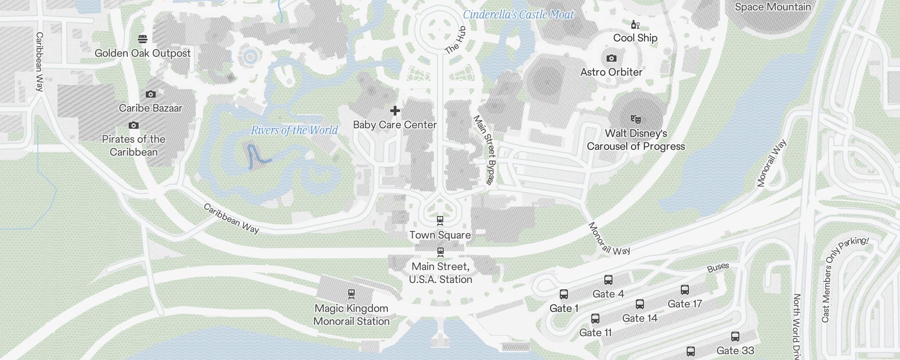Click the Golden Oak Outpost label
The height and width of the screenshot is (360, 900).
click(143, 53)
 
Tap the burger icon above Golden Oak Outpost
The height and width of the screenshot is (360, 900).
click(143, 39)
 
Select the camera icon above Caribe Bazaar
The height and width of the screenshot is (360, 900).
click(151, 94)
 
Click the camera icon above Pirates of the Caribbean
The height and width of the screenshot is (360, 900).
click(134, 125)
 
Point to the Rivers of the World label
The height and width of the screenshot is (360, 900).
click(294, 130)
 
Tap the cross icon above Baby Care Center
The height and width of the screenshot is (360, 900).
click(395, 111)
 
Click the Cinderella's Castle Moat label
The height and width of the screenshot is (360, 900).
click(518, 15)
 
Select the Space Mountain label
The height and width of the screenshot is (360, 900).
click(773, 7)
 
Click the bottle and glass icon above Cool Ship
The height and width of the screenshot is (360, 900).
click(635, 25)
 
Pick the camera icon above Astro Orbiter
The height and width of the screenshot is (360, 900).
click(611, 58)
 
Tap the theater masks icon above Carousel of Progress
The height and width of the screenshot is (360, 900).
click(635, 119)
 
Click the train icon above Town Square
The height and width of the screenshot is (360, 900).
click(440, 220)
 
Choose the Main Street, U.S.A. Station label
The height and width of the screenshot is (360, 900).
click(441, 273)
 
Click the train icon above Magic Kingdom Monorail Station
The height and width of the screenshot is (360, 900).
click(351, 294)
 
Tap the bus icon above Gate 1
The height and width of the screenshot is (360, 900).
click(564, 294)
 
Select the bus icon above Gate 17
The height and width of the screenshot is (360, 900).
click(685, 290)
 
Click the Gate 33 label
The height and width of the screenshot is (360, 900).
click(735, 351)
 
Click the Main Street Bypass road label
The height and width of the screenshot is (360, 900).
click(484, 150)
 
